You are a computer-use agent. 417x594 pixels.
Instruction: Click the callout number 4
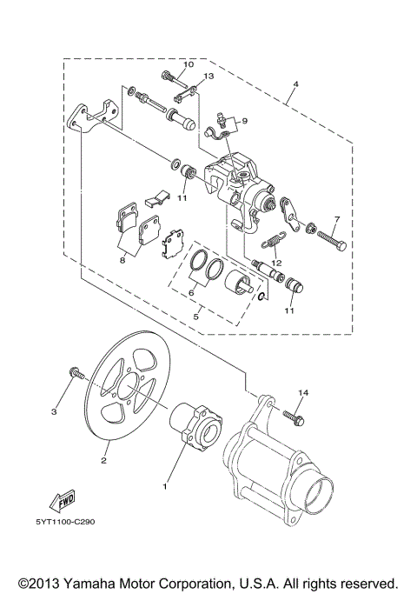(295, 84)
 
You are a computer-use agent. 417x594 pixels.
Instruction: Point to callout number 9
(244, 121)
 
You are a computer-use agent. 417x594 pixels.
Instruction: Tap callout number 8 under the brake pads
(122, 258)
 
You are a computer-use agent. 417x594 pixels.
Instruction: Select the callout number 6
(191, 293)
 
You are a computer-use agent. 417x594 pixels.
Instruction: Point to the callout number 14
(302, 394)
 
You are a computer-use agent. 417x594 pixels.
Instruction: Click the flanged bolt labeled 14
(295, 418)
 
